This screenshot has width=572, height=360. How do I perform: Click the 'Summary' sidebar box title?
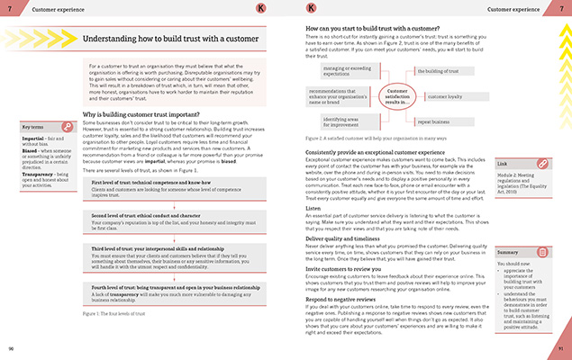click(509, 229)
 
